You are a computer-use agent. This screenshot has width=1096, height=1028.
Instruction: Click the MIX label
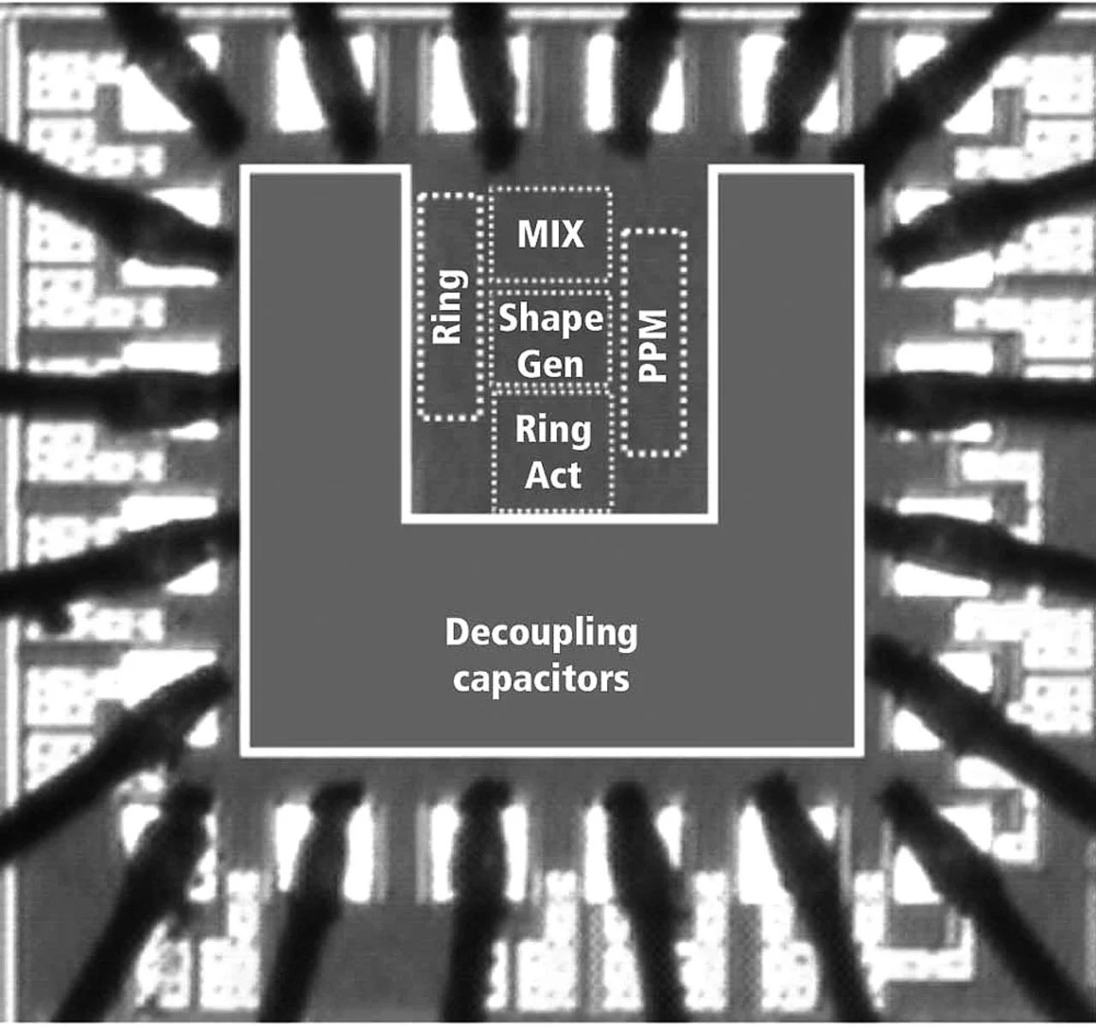(551, 233)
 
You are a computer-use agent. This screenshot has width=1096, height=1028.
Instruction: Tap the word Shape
(551, 318)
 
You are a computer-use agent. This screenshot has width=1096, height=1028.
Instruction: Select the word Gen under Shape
(551, 365)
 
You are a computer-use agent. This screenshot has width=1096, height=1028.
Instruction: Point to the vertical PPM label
(653, 345)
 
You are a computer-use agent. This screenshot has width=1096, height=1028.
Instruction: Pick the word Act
(553, 474)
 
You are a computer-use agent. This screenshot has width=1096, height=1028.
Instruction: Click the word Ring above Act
(553, 429)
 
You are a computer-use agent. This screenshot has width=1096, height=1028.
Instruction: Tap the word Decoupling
(541, 633)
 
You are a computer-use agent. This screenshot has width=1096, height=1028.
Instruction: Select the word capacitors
(541, 679)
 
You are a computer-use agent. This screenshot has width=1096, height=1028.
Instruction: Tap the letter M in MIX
(528, 233)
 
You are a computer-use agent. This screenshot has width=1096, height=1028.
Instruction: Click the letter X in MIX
(572, 233)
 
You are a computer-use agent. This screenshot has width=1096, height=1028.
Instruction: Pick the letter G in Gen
(527, 365)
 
